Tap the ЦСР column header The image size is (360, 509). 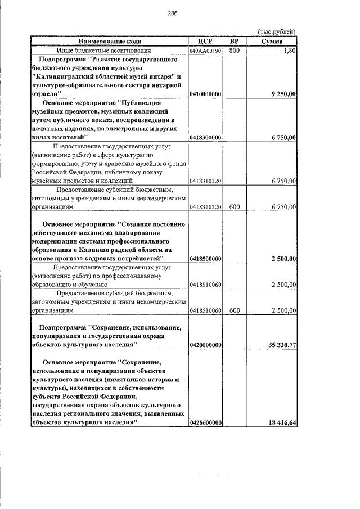[x=206, y=42]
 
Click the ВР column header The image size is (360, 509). [x=235, y=42]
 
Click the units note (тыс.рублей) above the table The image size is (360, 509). [x=276, y=32]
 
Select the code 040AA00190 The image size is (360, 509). [x=206, y=51]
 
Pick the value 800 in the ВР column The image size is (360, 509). [x=235, y=51]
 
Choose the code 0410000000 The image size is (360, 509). [x=206, y=93]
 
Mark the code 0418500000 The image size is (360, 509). [x=206, y=258]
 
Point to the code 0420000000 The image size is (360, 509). [x=206, y=345]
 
